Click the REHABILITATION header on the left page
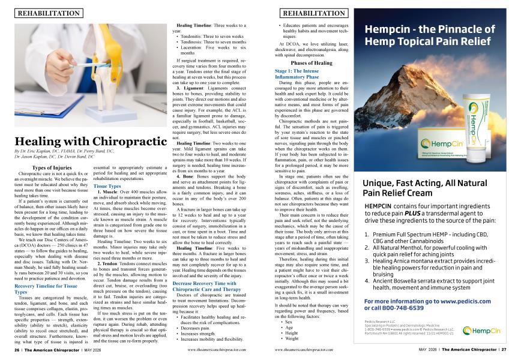point(50,12)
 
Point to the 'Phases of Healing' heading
point(311,62)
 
